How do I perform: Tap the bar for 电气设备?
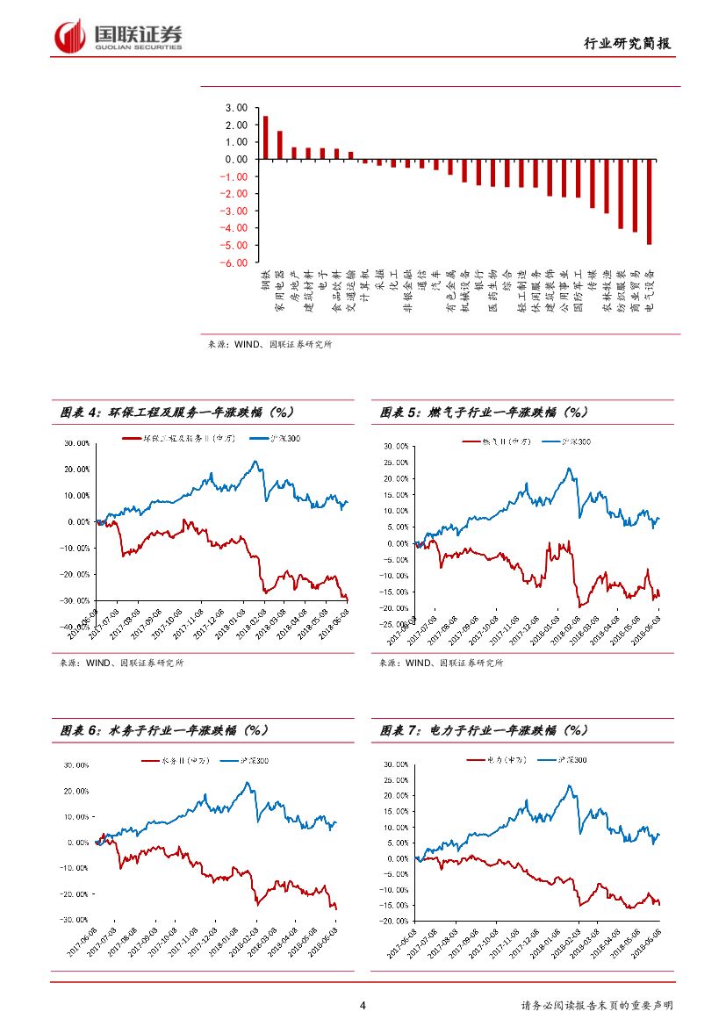coord(649,202)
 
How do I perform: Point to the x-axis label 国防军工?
coord(578,291)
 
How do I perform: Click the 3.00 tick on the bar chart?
coord(235,108)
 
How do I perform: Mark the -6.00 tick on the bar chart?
coord(234,262)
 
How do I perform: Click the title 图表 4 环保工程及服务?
coord(176,412)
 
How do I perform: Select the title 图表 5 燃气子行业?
coord(484,412)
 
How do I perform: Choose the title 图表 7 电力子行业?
coord(484,729)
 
